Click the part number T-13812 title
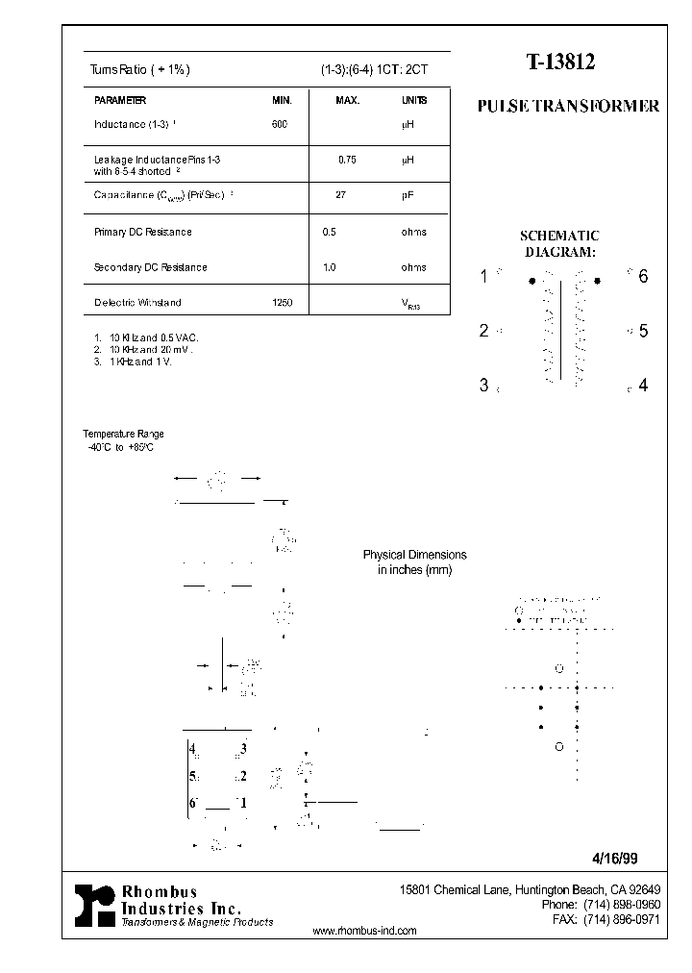pos(560,63)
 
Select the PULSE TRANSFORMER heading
pos(568,107)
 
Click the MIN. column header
pos(282,100)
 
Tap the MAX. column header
pos(347,100)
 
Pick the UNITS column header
pos(414,100)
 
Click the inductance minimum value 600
pos(280,124)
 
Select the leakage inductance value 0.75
pos(347,160)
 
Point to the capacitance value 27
pos(340,194)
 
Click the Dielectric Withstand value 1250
pos(283,302)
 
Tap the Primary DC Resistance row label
pos(142,232)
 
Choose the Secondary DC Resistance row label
pos(150,267)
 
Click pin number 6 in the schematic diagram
pos(643,277)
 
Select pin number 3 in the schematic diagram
pos(484,386)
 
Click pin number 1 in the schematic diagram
pos(484,277)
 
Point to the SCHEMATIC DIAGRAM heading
pos(559,243)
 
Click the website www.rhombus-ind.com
pos(365,931)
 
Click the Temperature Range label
pos(123,435)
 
